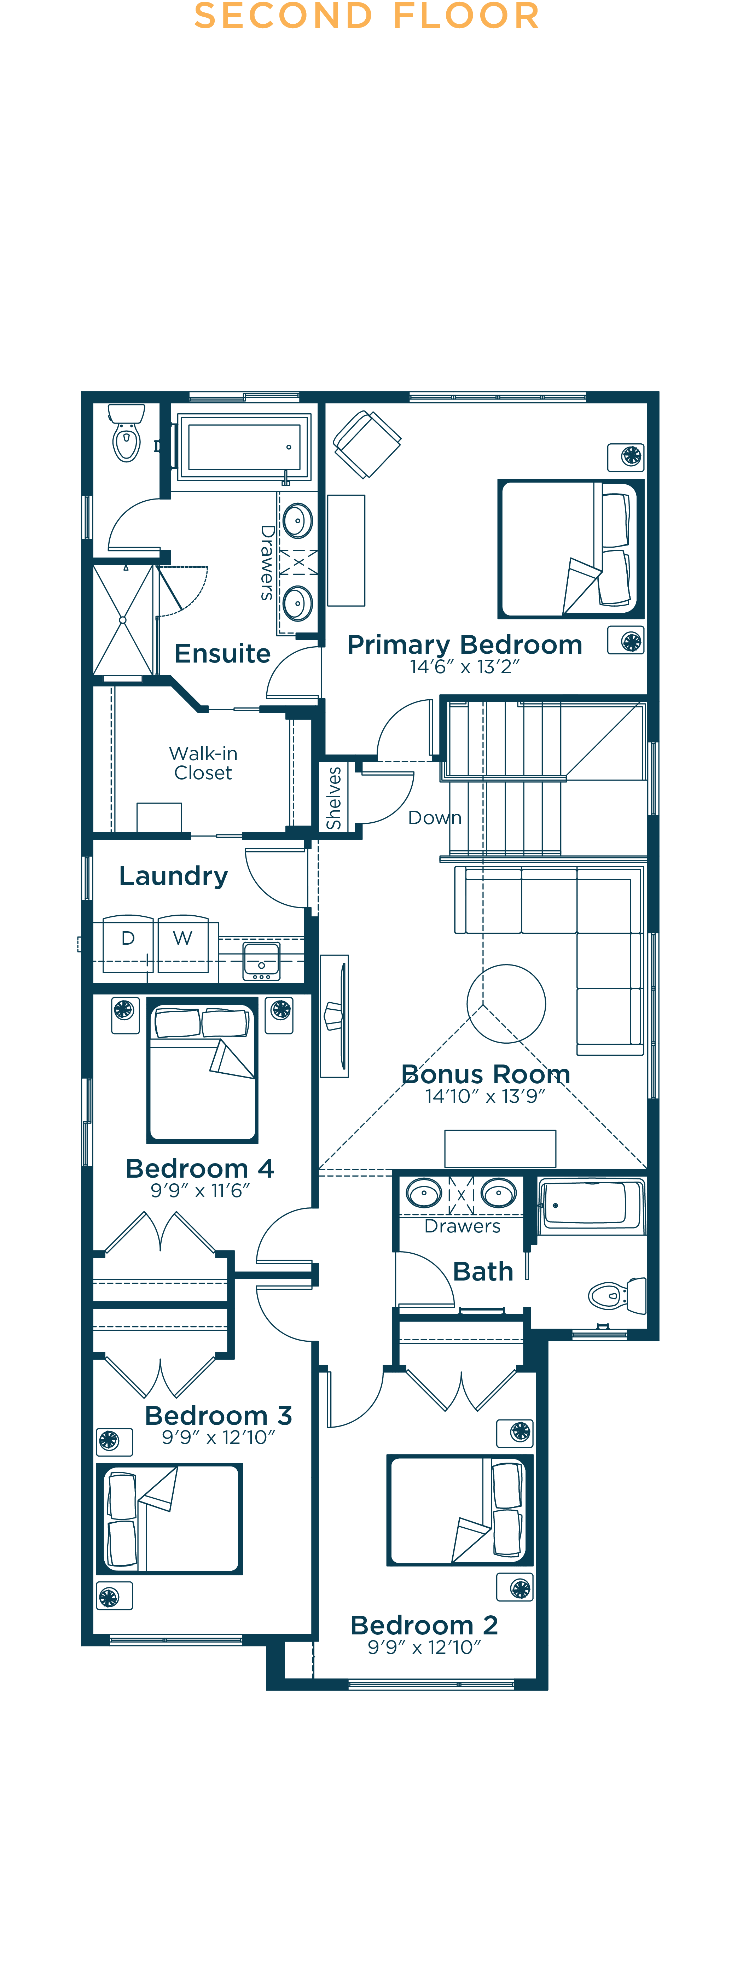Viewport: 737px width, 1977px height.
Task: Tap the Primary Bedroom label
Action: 464,645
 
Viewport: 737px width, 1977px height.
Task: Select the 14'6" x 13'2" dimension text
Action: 464,667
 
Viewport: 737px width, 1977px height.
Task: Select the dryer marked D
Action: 127,944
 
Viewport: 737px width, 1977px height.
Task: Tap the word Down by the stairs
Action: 435,818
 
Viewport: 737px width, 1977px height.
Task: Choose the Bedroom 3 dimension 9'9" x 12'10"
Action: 218,1437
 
